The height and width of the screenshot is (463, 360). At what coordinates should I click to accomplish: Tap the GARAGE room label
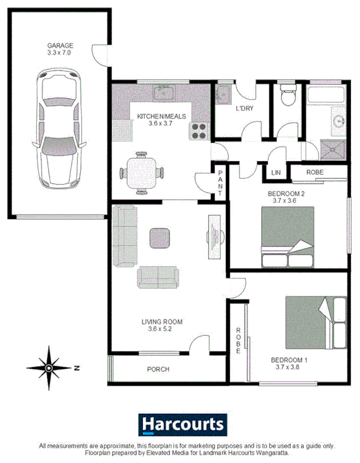coord(60,46)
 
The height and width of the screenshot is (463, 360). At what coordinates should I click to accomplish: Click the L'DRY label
coord(245,109)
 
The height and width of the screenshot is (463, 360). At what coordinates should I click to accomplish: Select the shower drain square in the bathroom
coord(331,151)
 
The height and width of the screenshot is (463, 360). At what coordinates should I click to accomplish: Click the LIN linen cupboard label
coord(276,173)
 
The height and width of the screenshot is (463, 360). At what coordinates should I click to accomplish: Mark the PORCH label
coord(158,369)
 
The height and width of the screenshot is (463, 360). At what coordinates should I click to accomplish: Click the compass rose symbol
coord(49,367)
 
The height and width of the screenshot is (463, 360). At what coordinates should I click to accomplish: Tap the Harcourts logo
coord(183,424)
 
